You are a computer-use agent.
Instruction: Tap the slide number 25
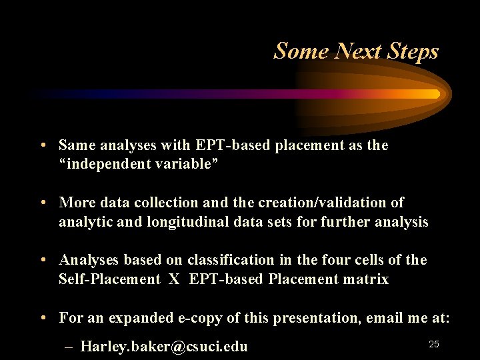tap(433, 344)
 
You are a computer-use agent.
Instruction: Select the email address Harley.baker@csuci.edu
tap(164, 347)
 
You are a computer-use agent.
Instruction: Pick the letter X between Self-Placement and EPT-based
tap(174, 279)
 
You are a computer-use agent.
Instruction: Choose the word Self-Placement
tap(109, 279)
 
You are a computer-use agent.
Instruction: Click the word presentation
tap(319, 318)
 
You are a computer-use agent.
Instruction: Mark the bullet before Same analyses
tap(42, 145)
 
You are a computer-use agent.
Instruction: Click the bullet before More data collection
tap(42, 203)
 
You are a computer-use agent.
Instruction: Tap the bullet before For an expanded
tap(42, 318)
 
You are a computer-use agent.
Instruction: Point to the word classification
tap(231, 260)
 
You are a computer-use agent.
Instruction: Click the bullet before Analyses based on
tap(42, 260)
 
